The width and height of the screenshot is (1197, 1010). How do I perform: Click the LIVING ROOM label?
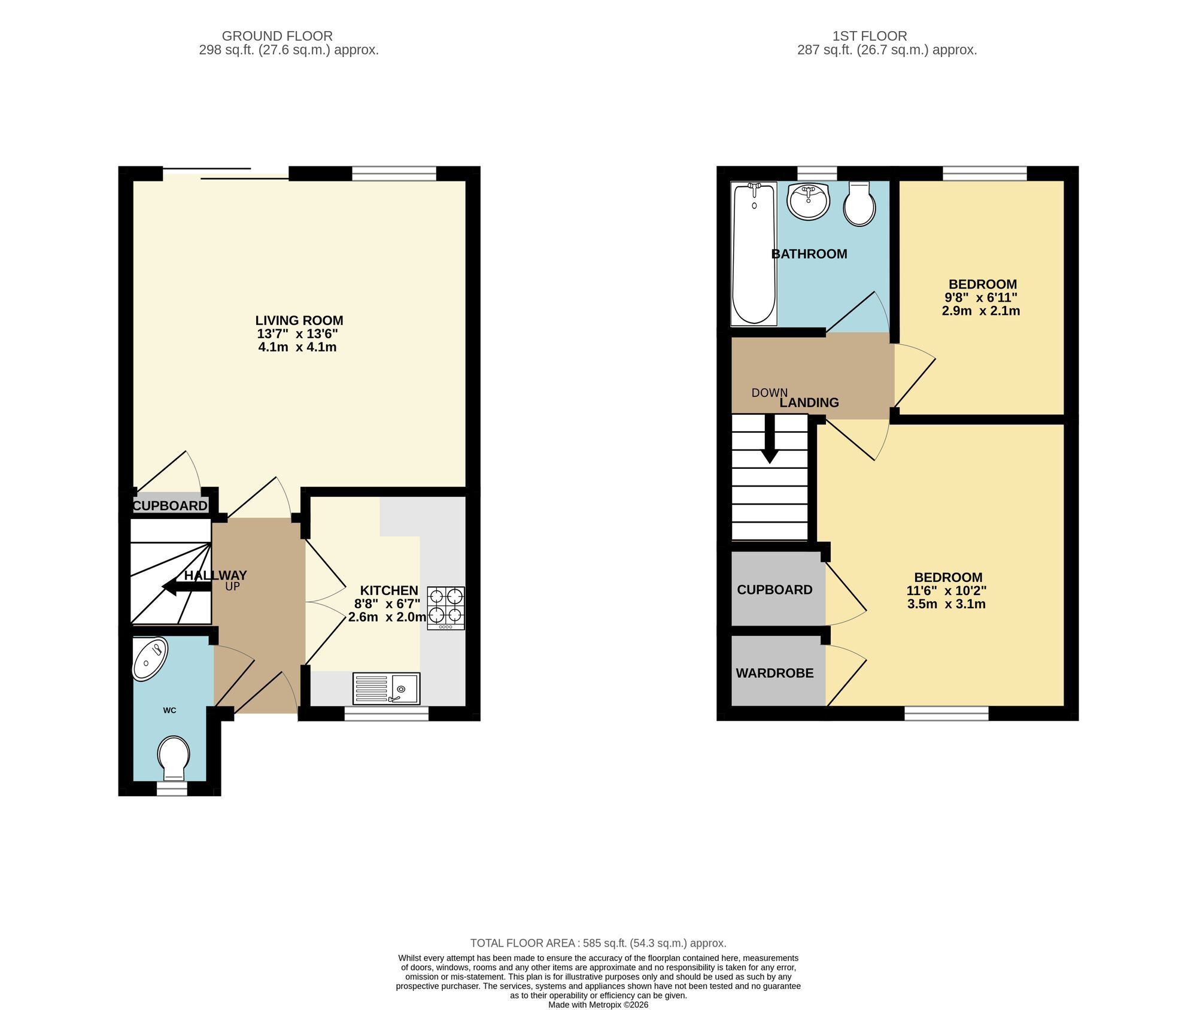point(299,320)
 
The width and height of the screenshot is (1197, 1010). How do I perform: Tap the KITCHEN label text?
point(389,591)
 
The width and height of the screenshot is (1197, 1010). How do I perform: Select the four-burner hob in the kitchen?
point(446,608)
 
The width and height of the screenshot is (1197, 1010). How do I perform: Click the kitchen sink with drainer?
point(387,689)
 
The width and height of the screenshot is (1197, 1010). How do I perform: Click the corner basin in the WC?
point(149,659)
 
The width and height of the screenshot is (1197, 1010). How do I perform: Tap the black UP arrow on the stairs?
point(187,587)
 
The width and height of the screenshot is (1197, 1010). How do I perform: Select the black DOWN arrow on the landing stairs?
point(770,439)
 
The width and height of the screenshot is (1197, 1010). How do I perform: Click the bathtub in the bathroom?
point(754,254)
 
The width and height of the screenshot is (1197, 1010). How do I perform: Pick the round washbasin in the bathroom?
point(809,202)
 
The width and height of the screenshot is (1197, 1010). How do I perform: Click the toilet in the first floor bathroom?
point(859,204)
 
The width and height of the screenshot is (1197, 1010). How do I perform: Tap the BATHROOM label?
point(809,254)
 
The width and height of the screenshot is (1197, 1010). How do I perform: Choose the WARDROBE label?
point(774,674)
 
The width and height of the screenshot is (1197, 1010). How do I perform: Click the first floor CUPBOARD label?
point(774,590)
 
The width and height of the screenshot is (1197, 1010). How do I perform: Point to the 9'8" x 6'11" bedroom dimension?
point(981,298)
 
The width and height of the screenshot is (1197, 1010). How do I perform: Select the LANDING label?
point(809,403)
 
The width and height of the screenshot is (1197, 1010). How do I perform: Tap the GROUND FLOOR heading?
point(277,37)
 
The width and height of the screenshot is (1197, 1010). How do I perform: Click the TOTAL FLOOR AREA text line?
point(598,944)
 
